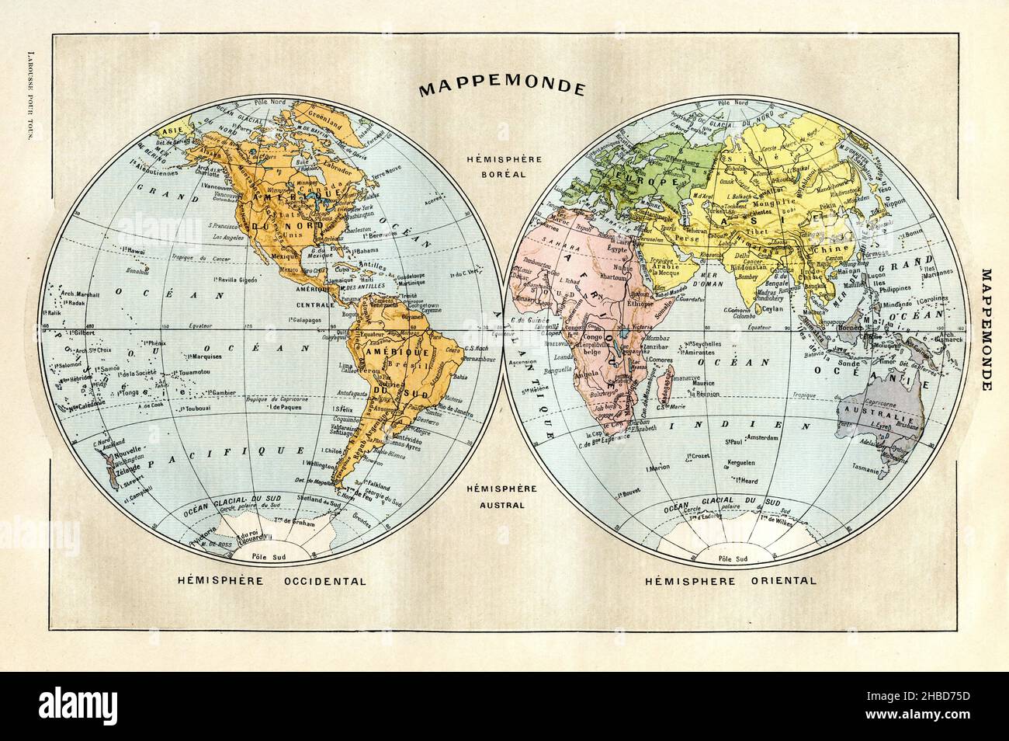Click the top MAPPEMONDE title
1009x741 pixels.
[501, 87]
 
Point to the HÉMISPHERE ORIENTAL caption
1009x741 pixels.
[725, 580]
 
